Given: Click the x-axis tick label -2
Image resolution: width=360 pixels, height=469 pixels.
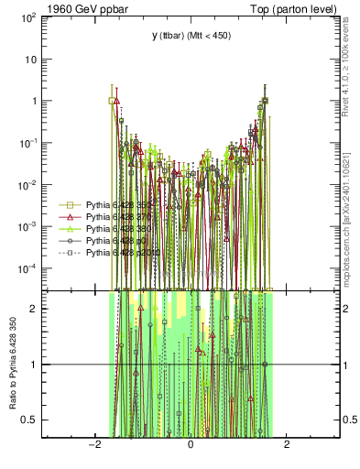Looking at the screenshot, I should pyautogui.click(x=94, y=445).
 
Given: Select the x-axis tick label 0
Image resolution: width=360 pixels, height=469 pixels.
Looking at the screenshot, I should pyautogui.click(x=191, y=445).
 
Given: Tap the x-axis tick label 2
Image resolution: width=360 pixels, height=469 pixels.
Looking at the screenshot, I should pyautogui.click(x=287, y=445).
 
